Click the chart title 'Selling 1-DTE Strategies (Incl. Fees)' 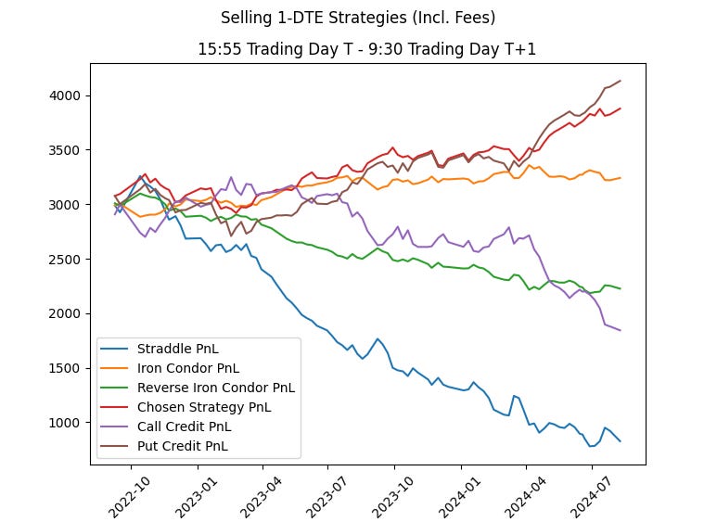click(x=357, y=18)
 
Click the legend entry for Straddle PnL click(x=176, y=349)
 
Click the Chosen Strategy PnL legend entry click(x=204, y=407)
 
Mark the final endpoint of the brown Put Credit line click(x=621, y=81)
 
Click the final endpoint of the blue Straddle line click(x=621, y=441)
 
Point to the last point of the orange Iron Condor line click(x=621, y=178)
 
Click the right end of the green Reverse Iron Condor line click(x=621, y=288)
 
